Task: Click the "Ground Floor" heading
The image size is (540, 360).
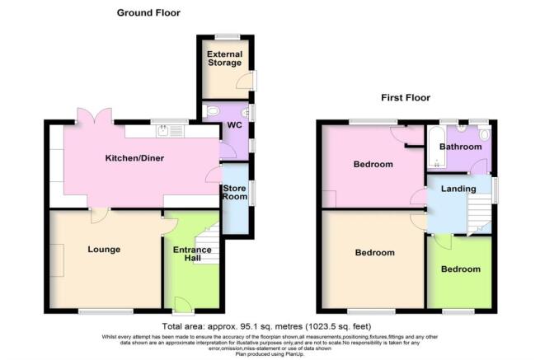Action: click(148, 12)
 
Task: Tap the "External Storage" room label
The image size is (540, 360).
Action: click(224, 58)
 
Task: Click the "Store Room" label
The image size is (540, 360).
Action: click(235, 193)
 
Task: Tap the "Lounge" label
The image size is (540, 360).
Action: click(105, 249)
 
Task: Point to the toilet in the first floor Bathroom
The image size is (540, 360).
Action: click(483, 133)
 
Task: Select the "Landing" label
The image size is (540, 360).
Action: click(458, 189)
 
